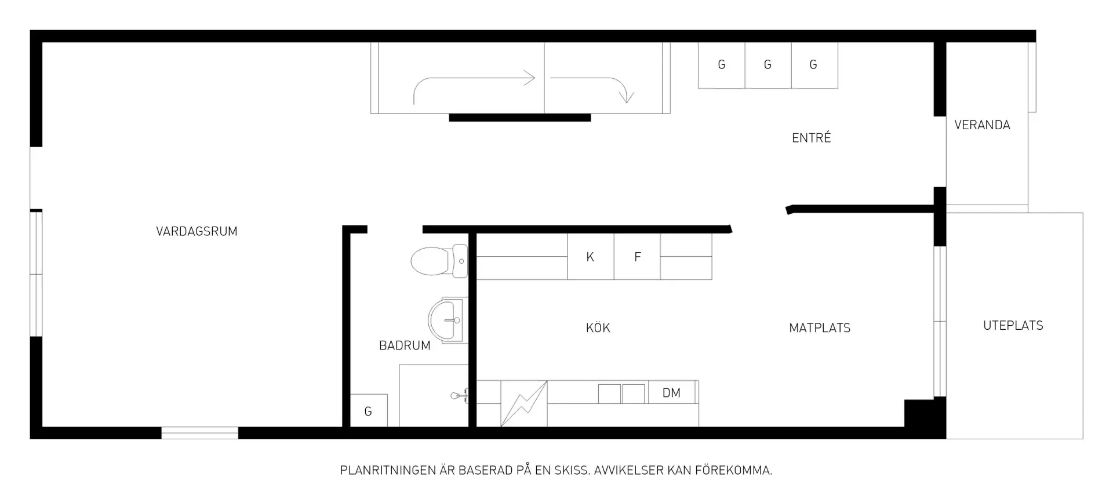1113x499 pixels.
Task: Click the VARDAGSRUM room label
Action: pyautogui.click(x=197, y=231)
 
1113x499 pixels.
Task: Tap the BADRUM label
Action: pyautogui.click(x=405, y=345)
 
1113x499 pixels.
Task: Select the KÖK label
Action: pyautogui.click(x=598, y=327)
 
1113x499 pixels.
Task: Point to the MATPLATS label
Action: pyautogui.click(x=820, y=328)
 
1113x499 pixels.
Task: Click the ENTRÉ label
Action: pyautogui.click(x=812, y=137)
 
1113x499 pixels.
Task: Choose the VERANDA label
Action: pyautogui.click(x=982, y=125)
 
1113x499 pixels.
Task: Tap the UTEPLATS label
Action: pyautogui.click(x=1013, y=326)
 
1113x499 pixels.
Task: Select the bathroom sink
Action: pyautogui.click(x=448, y=320)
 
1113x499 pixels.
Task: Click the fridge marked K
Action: pyautogui.click(x=590, y=256)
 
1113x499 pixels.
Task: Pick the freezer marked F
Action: pyautogui.click(x=637, y=256)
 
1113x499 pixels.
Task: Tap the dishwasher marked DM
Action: pyautogui.click(x=672, y=392)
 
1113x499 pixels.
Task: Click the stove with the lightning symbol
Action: pyautogui.click(x=524, y=403)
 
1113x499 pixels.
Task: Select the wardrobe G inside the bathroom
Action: pyautogui.click(x=369, y=411)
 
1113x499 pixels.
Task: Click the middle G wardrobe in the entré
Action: pyautogui.click(x=768, y=65)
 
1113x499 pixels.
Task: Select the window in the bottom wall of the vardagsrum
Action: pyautogui.click(x=199, y=433)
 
